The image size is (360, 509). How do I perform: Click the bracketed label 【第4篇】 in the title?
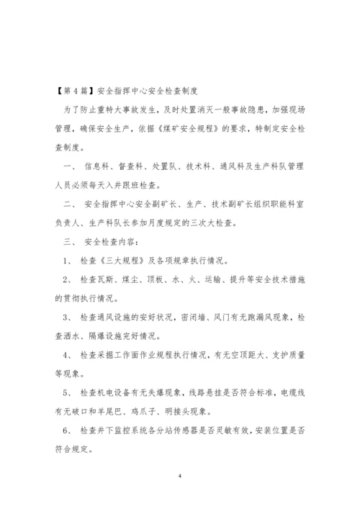(x=75, y=92)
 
